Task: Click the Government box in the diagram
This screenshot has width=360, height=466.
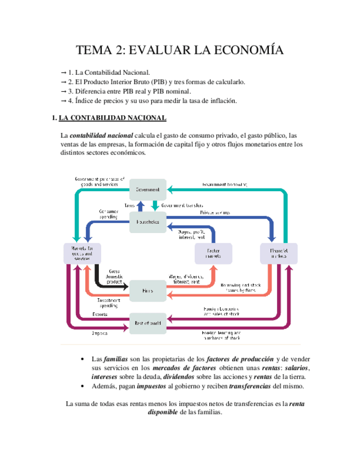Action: point(147,190)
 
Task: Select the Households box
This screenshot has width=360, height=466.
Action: point(147,221)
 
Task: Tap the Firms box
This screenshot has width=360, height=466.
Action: point(147,290)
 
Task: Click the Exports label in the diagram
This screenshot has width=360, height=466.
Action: point(100,315)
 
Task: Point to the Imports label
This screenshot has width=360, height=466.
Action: point(99,333)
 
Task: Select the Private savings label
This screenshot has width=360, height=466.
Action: point(215,212)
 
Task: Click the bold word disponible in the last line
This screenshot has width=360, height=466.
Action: point(163,413)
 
